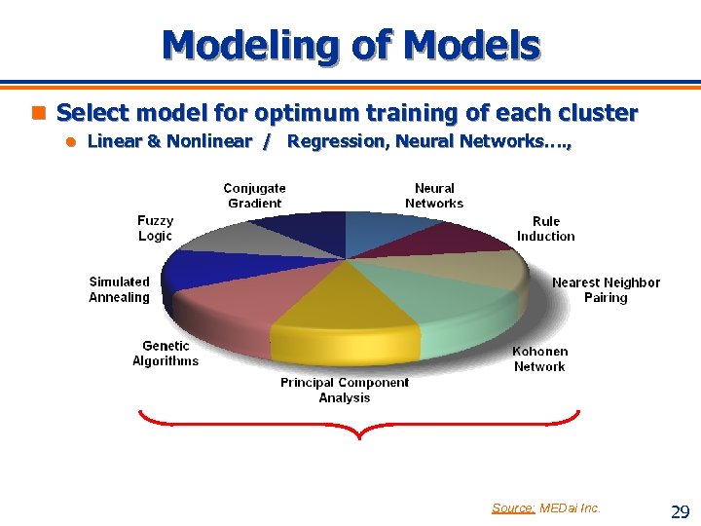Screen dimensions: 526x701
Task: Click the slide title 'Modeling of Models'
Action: pos(350,45)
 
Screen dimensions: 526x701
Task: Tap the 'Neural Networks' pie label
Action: pos(434,196)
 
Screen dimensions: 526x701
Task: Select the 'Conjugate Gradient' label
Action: pos(254,196)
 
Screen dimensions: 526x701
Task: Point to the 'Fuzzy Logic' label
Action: pos(155,229)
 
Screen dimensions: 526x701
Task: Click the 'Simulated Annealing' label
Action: pos(120,289)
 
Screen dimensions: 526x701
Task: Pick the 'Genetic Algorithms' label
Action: pos(166,354)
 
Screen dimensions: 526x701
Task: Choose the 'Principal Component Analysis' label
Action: pos(345,390)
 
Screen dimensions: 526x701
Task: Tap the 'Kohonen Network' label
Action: pos(539,358)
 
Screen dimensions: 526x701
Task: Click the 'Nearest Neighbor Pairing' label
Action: pos(606,289)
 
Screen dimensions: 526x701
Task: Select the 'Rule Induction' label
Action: pos(545,229)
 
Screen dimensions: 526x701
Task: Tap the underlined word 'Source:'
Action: pos(512,507)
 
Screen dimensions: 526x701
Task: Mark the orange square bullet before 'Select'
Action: pos(40,113)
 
